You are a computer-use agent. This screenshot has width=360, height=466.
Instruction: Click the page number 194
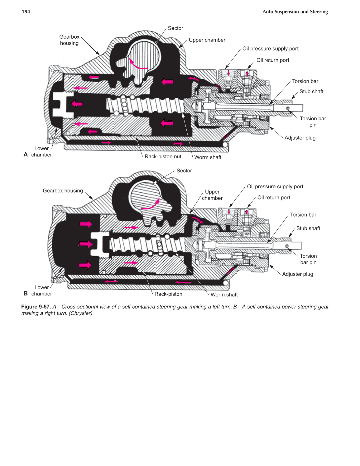[x=26, y=12]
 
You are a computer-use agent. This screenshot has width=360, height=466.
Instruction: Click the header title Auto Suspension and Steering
[x=295, y=12]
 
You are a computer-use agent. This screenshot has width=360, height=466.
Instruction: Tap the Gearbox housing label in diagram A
[x=69, y=40]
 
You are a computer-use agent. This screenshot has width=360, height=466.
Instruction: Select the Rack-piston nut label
[x=163, y=156]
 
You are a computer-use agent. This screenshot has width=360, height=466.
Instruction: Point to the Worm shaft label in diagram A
[x=208, y=157]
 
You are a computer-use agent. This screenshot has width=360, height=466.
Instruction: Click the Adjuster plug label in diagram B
[x=297, y=274]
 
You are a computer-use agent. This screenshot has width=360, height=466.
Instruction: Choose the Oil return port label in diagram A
[x=273, y=60]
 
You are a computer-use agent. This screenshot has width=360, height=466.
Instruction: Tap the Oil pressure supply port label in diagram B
[x=275, y=186]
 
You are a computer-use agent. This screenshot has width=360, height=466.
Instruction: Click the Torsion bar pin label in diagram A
[x=313, y=122]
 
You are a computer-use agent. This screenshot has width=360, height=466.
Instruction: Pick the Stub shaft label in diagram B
[x=308, y=228]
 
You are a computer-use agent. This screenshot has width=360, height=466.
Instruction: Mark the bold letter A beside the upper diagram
[x=26, y=155]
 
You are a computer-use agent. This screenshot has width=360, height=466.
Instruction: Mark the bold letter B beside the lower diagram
[x=26, y=293]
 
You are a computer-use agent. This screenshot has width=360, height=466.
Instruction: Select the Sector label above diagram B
[x=184, y=171]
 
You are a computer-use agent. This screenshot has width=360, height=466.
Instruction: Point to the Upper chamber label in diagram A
[x=207, y=40]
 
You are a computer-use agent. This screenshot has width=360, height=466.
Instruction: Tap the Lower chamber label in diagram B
[x=41, y=291]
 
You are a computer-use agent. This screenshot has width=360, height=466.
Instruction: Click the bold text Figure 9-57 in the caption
[x=36, y=307]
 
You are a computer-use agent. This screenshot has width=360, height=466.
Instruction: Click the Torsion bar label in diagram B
[x=303, y=215]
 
